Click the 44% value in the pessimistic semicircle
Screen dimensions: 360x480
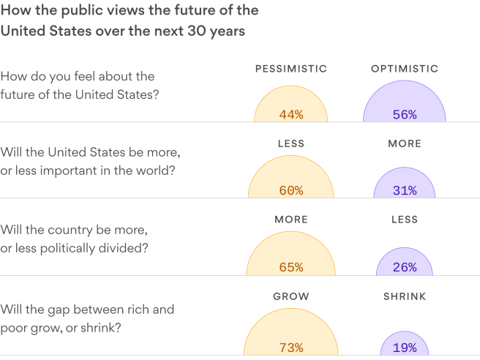pyautogui.click(x=291, y=114)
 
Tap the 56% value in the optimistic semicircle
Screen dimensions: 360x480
pyautogui.click(x=404, y=114)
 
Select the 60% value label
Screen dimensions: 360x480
pyautogui.click(x=291, y=190)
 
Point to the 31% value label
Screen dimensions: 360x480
pyautogui.click(x=404, y=190)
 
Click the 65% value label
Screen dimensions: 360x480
pyautogui.click(x=291, y=267)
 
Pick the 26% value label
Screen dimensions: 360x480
pyautogui.click(x=404, y=267)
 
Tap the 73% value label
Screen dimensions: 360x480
pyautogui.click(x=291, y=348)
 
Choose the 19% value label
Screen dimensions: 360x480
pyautogui.click(x=404, y=348)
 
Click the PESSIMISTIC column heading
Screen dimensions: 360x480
pyautogui.click(x=291, y=69)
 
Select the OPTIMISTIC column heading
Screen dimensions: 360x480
pyautogui.click(x=405, y=69)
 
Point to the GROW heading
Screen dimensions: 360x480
pyautogui.click(x=291, y=296)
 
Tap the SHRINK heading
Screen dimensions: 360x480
pyautogui.click(x=405, y=296)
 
